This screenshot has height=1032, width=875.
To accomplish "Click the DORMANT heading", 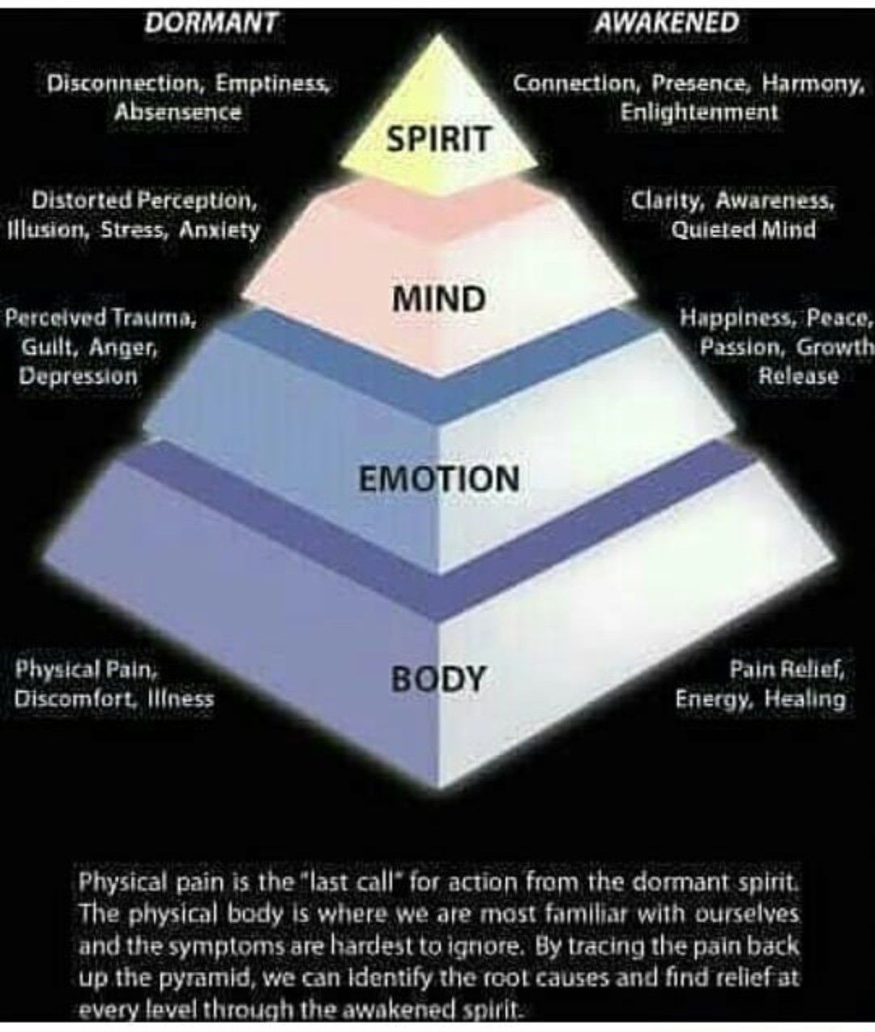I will pyautogui.click(x=210, y=23).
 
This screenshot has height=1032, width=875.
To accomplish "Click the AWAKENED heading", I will pyautogui.click(x=666, y=23).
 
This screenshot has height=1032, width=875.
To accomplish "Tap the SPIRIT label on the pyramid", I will pyautogui.click(x=438, y=139).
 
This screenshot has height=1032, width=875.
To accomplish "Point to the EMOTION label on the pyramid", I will pyautogui.click(x=438, y=478).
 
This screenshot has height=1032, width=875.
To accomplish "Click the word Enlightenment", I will pyautogui.click(x=698, y=113).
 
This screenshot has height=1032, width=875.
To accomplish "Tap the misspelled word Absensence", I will pyautogui.click(x=178, y=112).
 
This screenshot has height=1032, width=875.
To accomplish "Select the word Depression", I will pyautogui.click(x=79, y=376).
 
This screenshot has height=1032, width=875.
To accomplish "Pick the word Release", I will pyautogui.click(x=798, y=376).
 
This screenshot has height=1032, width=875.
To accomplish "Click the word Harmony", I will pyautogui.click(x=813, y=83).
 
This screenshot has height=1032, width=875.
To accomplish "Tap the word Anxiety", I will pyautogui.click(x=219, y=229).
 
